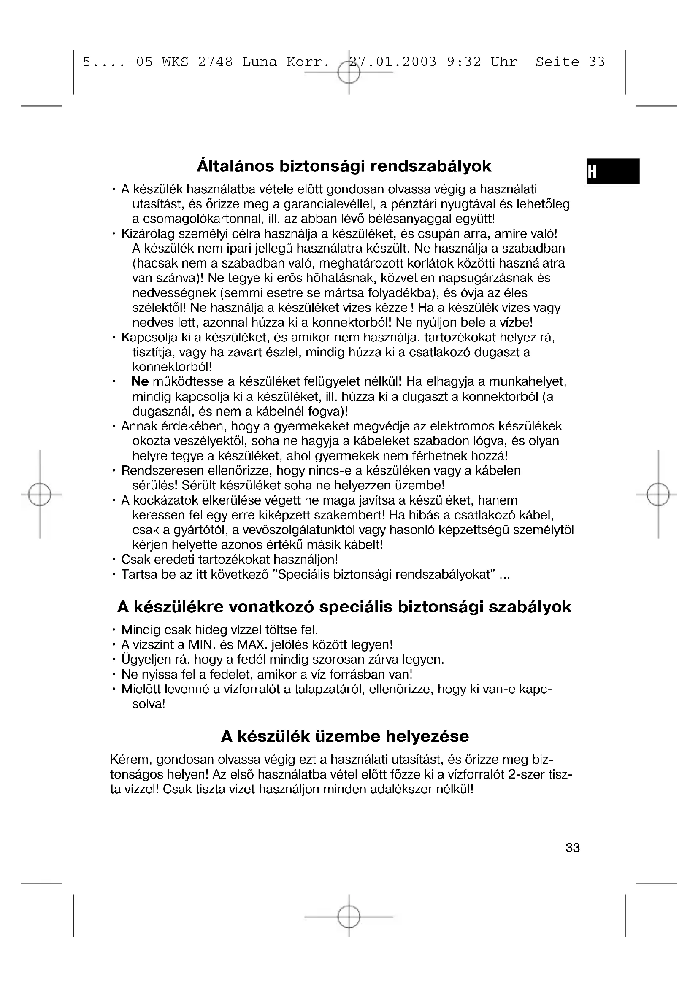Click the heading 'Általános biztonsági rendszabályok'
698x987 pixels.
pyautogui.click(x=344, y=166)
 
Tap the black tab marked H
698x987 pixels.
pyautogui.click(x=613, y=171)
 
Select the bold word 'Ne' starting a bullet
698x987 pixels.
pyautogui.click(x=140, y=381)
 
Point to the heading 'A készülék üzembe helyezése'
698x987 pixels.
pyautogui.click(x=345, y=737)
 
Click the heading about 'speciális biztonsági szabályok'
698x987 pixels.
pyautogui.click(x=344, y=607)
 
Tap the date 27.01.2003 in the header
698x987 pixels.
pyautogui.click(x=392, y=62)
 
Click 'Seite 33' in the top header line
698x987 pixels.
pyautogui.click(x=570, y=62)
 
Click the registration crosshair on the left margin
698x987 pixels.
pyautogui.click(x=40, y=495)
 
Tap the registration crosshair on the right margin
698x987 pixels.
pyautogui.click(x=658, y=495)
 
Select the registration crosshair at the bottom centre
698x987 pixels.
pyautogui.click(x=349, y=917)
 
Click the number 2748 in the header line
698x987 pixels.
pyautogui.click(x=215, y=62)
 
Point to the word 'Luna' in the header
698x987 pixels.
pyautogui.click(x=259, y=62)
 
